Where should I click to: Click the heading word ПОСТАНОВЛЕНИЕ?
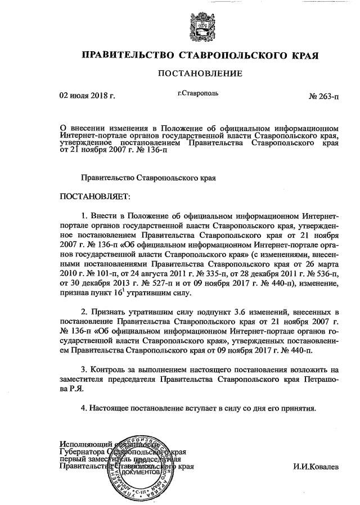[200, 74]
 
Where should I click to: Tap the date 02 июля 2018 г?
[87, 96]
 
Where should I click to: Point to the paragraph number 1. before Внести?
[85, 216]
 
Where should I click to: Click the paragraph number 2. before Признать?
[85, 312]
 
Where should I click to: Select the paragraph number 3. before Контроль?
[85, 369]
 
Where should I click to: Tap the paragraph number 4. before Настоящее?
[85, 407]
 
